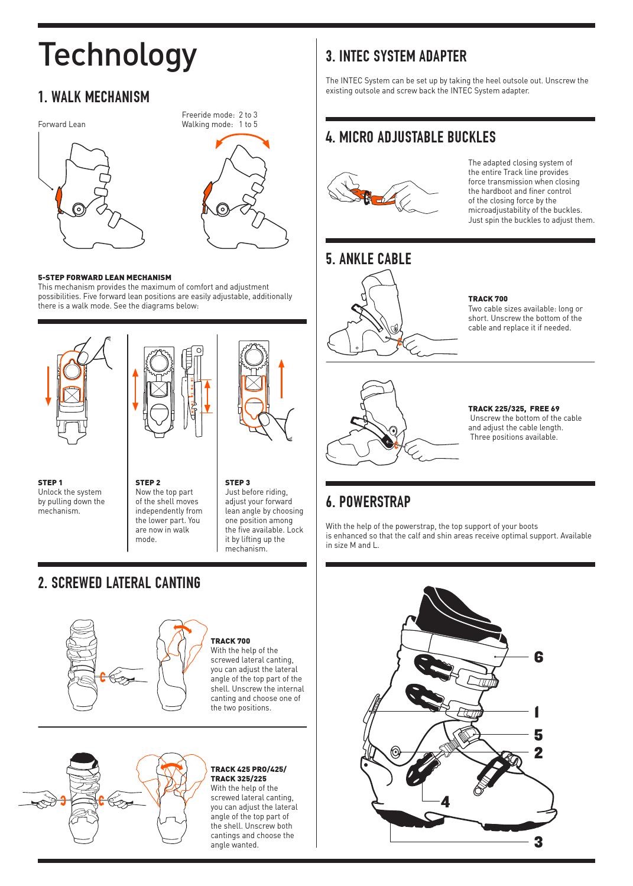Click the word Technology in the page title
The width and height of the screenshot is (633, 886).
(117, 56)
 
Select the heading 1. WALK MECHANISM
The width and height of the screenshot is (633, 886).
(94, 97)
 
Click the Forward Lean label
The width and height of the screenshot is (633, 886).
(61, 124)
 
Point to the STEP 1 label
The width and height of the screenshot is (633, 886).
(50, 482)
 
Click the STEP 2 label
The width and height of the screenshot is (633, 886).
(148, 482)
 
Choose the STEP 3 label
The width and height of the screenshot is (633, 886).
(238, 482)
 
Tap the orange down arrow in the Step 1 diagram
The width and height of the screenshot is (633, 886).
(48, 386)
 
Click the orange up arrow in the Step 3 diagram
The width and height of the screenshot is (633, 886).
(281, 378)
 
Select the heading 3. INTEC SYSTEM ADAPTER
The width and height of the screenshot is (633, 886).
(396, 56)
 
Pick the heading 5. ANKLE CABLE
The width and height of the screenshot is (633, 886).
(368, 259)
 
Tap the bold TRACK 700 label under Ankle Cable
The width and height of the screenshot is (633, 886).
(488, 299)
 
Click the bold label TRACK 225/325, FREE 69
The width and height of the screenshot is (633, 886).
(514, 408)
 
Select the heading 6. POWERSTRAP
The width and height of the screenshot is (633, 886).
(368, 502)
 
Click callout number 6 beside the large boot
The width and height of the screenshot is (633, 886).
(538, 657)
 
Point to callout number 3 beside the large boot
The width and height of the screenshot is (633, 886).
(538, 842)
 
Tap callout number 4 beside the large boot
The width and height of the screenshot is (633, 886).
(446, 802)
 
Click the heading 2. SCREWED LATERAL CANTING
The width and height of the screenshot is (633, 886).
(119, 583)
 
